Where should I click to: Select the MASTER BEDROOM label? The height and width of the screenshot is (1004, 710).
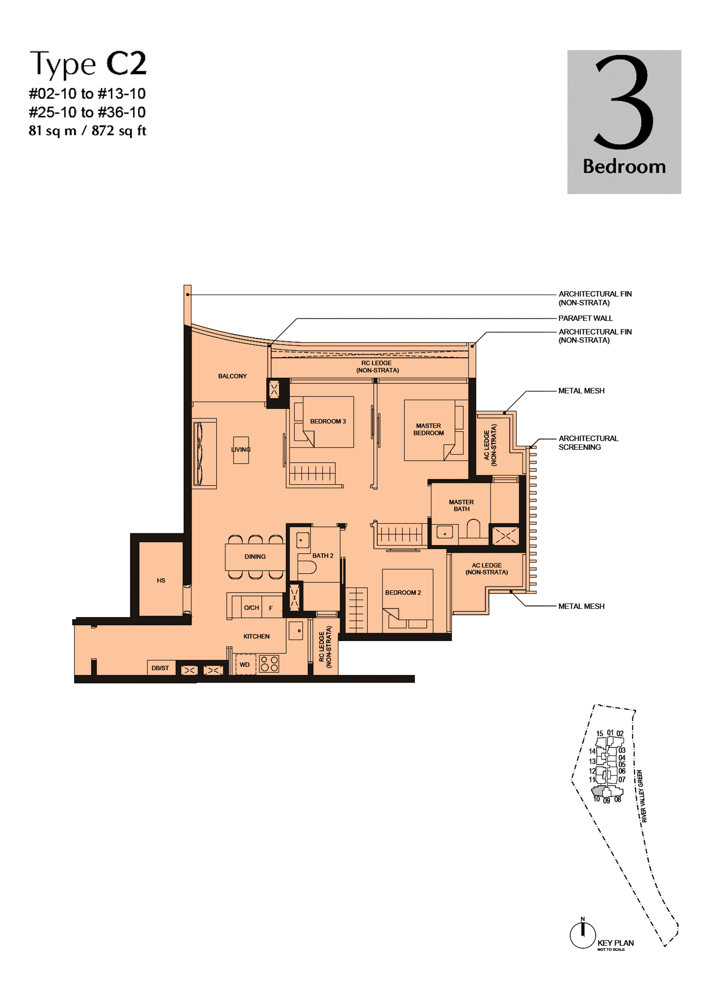point(428,429)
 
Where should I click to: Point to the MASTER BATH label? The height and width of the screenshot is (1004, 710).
point(461,505)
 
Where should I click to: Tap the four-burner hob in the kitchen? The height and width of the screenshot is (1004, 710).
point(269,663)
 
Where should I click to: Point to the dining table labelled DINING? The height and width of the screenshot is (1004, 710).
point(255,557)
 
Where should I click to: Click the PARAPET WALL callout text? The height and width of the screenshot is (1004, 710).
point(585,318)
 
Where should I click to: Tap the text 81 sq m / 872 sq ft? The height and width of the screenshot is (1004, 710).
point(88,131)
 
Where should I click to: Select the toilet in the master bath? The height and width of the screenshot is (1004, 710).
point(473,528)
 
